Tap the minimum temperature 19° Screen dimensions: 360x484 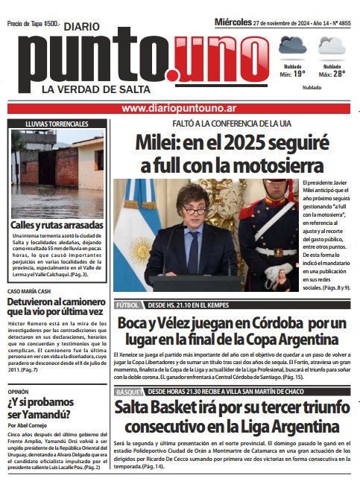(298, 74)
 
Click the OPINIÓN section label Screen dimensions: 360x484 (19, 390)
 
